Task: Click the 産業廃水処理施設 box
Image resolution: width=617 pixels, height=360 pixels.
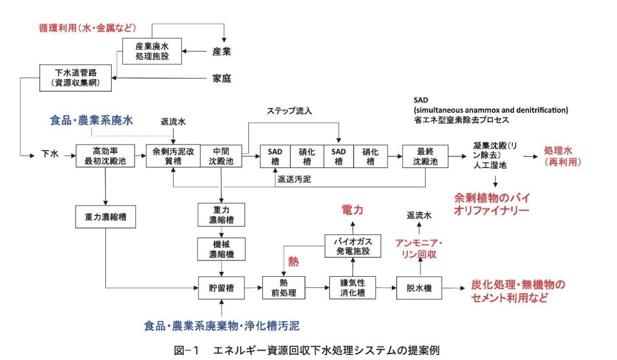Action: pos(152,51)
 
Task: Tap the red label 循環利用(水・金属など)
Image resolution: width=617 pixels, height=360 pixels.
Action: pos(88,28)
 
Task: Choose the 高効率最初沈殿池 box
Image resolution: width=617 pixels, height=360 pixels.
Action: pos(105,156)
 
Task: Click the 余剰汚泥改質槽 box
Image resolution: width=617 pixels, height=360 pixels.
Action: pos(173,156)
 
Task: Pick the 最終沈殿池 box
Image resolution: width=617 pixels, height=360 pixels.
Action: pos(425,156)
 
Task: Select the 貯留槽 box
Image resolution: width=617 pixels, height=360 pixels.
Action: pos(221,288)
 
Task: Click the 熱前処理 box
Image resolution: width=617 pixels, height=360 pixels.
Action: pos(284,288)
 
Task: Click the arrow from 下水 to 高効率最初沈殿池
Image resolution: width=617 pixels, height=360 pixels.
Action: pos(68,156)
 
